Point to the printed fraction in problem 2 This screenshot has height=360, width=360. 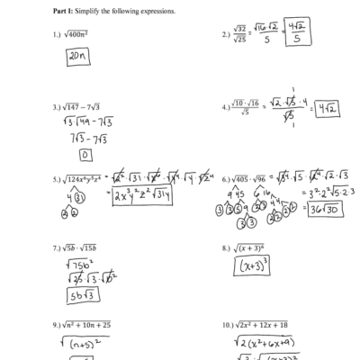click(239, 35)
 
